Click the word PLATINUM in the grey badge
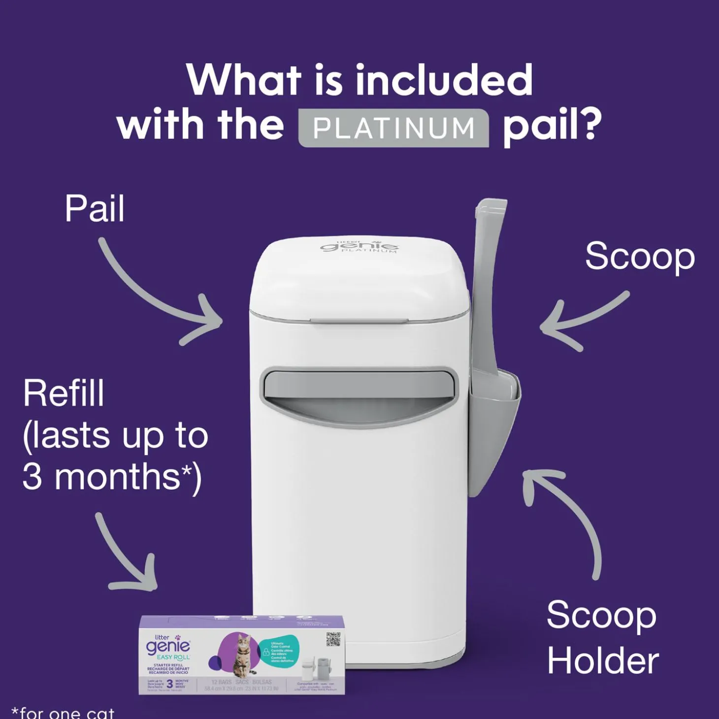[x=393, y=128]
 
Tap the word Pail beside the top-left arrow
[x=95, y=209]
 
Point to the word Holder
[x=603, y=661]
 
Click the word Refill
[x=64, y=393]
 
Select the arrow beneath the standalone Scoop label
[x=581, y=320]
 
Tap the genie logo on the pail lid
[x=359, y=246]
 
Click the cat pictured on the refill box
[x=243, y=655]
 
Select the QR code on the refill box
[x=333, y=639]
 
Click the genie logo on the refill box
[x=167, y=647]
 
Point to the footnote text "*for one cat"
[x=63, y=713]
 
